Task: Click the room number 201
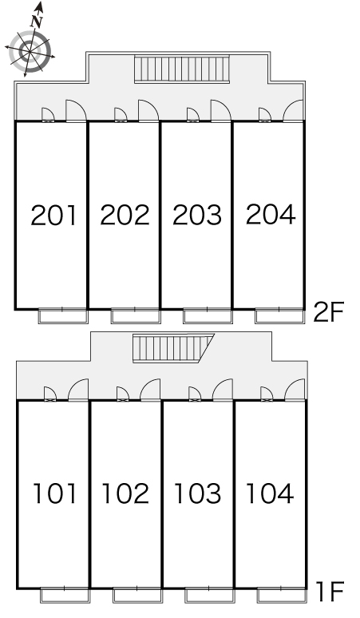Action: (53, 216)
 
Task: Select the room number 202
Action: (125, 215)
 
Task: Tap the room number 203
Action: (197, 215)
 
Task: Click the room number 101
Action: (54, 493)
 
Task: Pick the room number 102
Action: (125, 493)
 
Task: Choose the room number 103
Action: (197, 493)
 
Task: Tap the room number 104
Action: (270, 493)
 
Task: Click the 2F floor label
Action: (329, 311)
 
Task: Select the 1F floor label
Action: (330, 592)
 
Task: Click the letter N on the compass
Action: (37, 22)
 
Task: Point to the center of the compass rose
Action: (30, 51)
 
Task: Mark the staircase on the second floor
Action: (182, 69)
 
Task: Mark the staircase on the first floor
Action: (172, 348)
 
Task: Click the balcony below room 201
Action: (63, 316)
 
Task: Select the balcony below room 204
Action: (279, 316)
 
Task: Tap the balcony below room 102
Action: (137, 596)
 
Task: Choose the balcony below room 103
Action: (209, 596)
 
